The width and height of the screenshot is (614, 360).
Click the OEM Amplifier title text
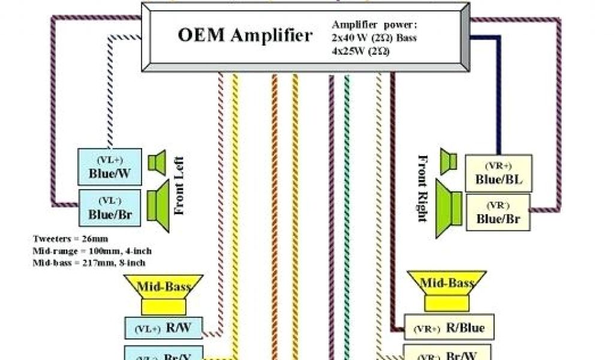245,35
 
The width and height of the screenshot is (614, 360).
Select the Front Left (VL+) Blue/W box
110,167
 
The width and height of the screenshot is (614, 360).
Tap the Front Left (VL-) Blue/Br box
110,206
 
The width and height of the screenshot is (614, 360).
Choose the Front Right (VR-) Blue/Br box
498,212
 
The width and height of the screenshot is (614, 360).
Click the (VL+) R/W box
162,328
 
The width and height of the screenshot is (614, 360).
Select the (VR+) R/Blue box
449,328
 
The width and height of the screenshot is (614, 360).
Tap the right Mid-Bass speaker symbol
447,290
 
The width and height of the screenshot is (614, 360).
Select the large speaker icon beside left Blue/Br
158,202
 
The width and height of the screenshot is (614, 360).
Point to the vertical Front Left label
179,185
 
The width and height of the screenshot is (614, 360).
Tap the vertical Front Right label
423,188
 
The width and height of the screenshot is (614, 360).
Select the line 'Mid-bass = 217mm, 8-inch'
89,262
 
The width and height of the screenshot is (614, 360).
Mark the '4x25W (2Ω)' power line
360,51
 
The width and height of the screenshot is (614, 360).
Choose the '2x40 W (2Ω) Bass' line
375,38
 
